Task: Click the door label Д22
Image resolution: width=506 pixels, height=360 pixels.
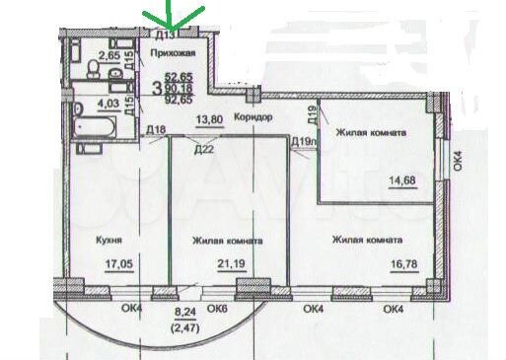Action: (204, 149)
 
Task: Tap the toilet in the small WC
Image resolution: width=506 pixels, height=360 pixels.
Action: (92, 68)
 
